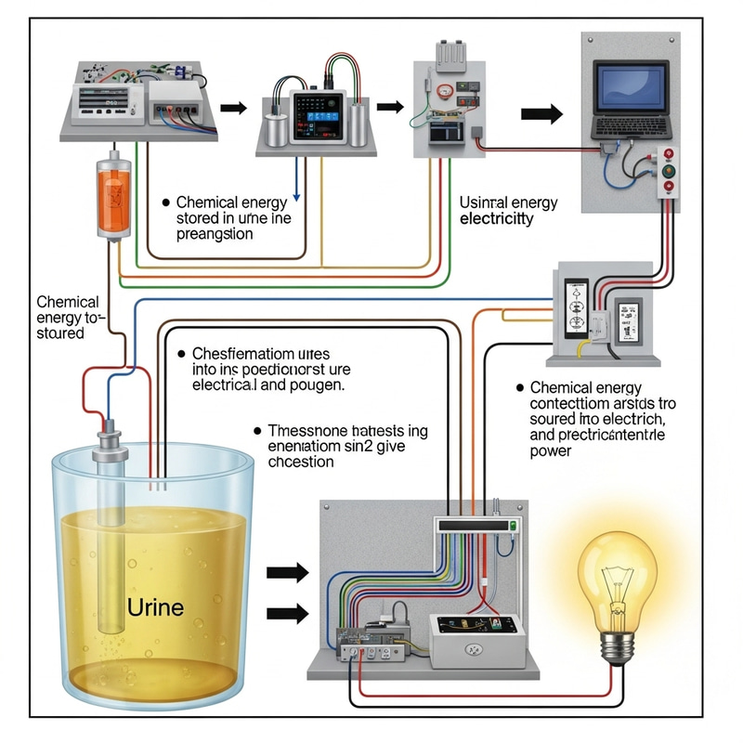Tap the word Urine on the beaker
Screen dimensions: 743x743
154,608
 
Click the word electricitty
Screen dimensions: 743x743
497,219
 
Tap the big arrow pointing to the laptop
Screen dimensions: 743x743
541,115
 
